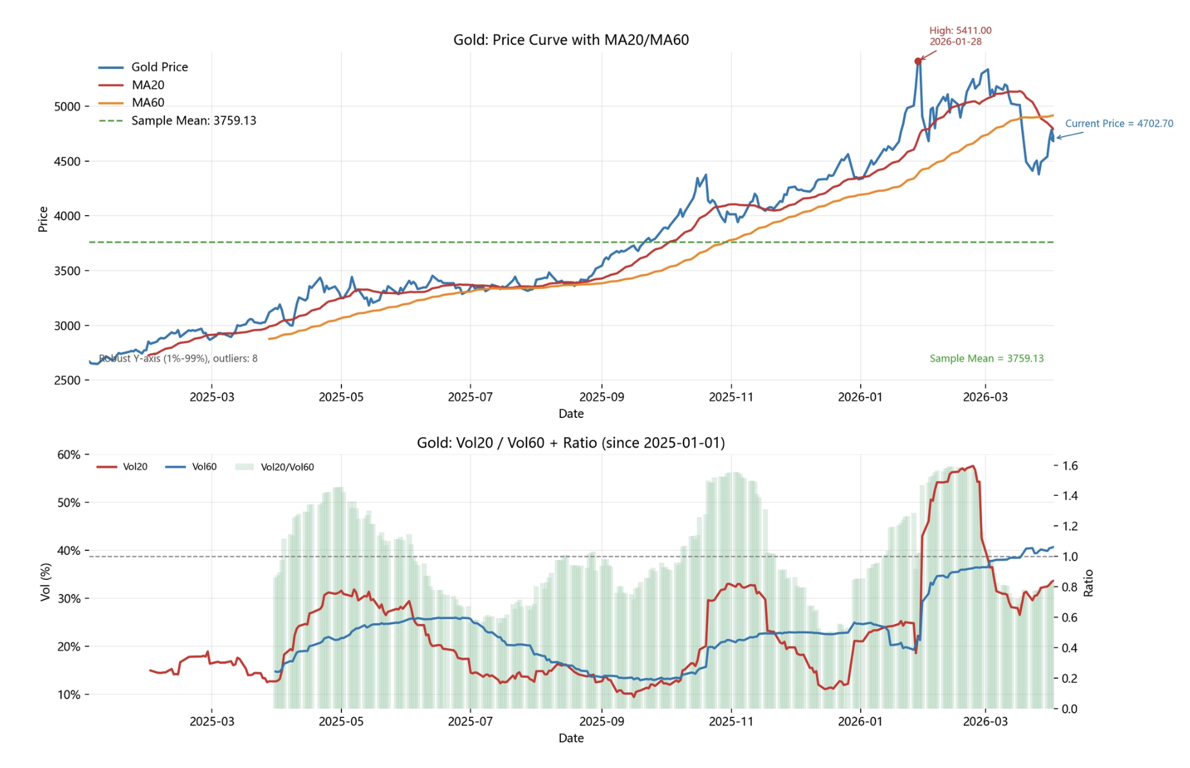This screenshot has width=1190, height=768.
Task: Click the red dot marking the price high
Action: click(x=917, y=62)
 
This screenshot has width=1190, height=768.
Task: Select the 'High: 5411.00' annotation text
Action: click(x=960, y=31)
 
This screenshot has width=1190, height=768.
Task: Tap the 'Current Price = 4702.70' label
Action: click(x=1119, y=123)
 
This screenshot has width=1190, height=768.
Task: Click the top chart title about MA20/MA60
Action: click(x=571, y=40)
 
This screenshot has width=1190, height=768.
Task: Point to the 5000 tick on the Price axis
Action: click(x=67, y=107)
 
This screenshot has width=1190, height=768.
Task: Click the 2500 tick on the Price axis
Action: click(x=67, y=380)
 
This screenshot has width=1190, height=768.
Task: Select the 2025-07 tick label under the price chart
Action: click(x=470, y=397)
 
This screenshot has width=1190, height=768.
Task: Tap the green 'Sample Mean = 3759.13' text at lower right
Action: click(x=987, y=358)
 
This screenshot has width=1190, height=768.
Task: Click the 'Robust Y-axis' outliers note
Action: click(x=178, y=358)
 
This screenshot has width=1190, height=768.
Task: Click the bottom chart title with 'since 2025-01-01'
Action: click(x=571, y=442)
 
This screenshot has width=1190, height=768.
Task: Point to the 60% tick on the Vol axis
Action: click(x=69, y=455)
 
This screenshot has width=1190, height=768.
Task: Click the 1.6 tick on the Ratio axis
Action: click(x=1070, y=466)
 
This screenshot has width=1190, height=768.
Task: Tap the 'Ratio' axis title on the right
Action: click(x=1089, y=583)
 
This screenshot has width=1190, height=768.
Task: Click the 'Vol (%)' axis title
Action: click(x=45, y=582)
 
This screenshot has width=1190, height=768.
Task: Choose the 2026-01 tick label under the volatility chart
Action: click(x=859, y=721)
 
